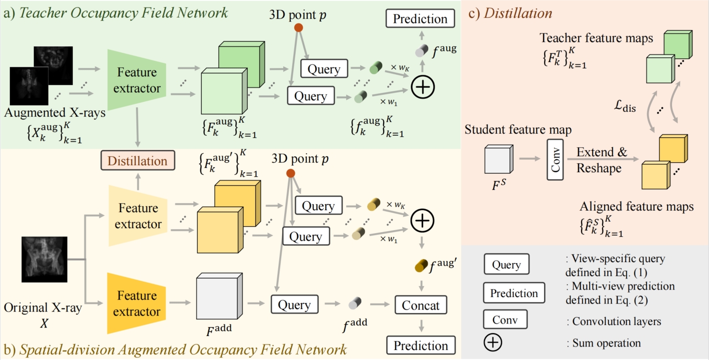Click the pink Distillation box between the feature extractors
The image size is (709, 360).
[137, 161]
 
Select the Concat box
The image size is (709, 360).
[420, 306]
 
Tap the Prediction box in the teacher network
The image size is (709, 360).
[420, 19]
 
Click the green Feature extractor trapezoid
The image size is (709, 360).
[137, 80]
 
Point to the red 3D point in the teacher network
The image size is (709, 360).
[298, 27]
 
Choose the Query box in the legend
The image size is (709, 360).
[506, 265]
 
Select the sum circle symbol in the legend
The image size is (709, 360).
[493, 343]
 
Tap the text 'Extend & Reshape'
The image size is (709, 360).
[602, 160]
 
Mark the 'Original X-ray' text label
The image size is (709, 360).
[42, 308]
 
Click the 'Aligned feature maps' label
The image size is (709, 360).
[637, 207]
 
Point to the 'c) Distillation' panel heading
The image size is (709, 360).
[510, 13]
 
